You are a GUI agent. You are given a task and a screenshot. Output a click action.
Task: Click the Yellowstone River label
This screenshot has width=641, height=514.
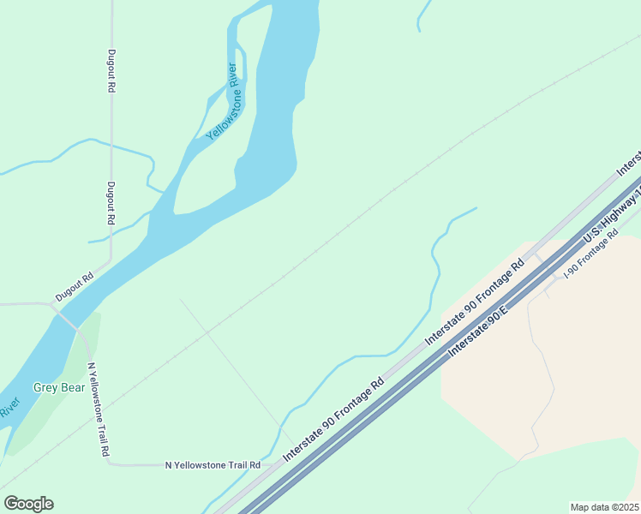coord(221,101)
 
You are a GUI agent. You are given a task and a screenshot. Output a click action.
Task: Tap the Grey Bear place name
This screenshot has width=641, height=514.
coord(59,387)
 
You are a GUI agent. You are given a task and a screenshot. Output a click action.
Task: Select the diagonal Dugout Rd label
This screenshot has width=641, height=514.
coord(75,287)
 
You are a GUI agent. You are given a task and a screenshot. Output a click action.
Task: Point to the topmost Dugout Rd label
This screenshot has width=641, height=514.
coord(111,70)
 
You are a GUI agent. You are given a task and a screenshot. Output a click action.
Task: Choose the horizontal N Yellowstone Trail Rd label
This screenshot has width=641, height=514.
coord(213,465)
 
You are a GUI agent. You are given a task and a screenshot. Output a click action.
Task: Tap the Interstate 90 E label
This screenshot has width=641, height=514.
coord(478,327)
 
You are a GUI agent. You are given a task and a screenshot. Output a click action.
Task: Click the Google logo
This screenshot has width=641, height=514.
coord(29,503)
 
